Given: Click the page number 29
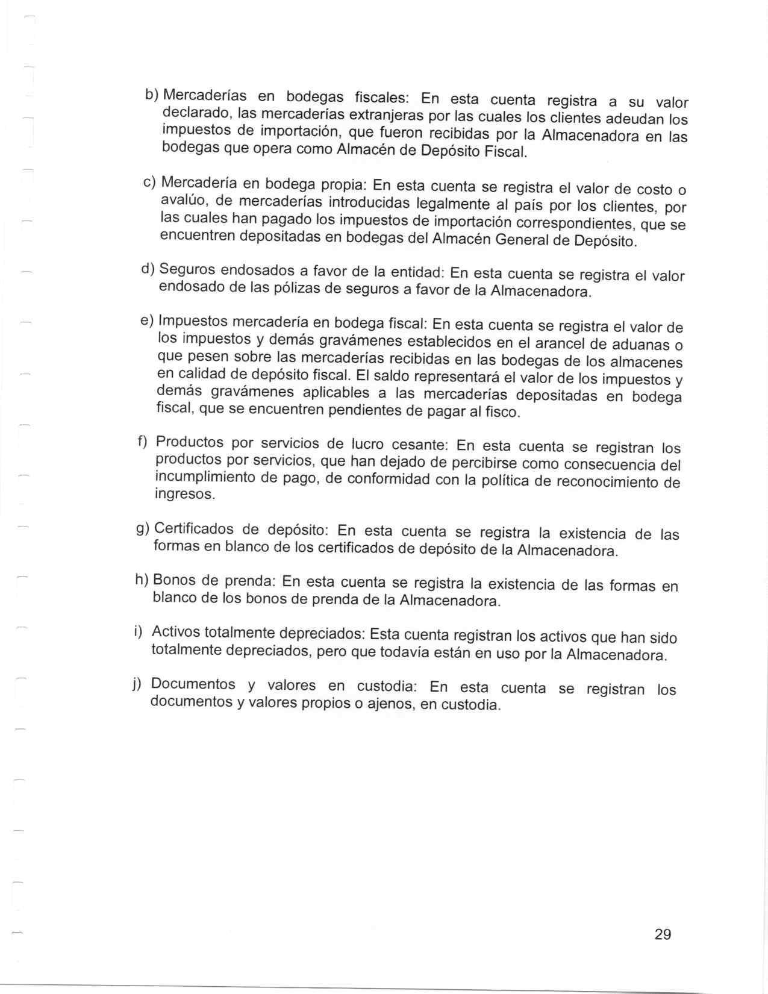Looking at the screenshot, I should pyautogui.click(x=663, y=934).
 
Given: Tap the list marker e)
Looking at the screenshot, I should pyautogui.click(x=147, y=320).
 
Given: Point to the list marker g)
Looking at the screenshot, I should pyautogui.click(x=143, y=528).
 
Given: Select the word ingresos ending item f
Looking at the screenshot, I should pyautogui.click(x=184, y=495).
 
